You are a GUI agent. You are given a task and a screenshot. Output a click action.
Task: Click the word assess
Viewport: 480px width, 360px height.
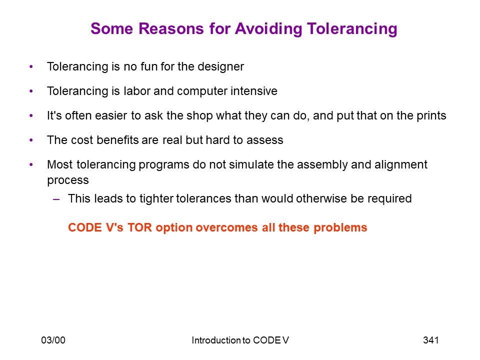265,140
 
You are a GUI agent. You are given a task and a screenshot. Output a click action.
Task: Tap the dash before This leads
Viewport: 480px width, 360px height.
56,199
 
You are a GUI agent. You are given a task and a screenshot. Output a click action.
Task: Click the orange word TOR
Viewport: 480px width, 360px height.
139,228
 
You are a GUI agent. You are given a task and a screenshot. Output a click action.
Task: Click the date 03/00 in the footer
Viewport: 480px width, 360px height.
53,340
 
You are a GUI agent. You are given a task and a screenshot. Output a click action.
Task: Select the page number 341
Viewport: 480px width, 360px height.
430,340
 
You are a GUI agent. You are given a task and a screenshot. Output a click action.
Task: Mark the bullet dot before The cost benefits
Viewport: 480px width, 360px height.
31,140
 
